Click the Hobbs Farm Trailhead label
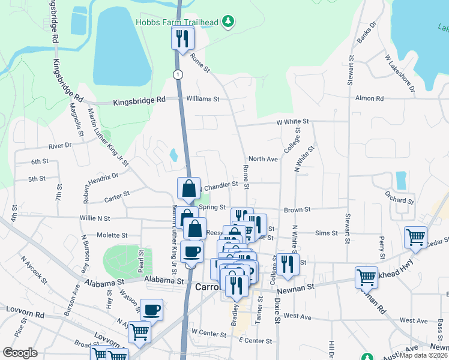(177, 23)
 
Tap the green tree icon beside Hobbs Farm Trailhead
(228, 23)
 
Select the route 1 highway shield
(178, 74)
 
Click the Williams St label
(202, 98)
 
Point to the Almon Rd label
(369, 98)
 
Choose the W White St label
(292, 122)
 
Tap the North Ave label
(263, 159)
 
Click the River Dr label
(60, 145)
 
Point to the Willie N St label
(95, 218)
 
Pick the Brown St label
(297, 210)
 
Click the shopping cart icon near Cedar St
(415, 237)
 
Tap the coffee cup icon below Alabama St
(151, 310)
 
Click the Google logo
(20, 353)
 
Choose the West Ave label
(297, 316)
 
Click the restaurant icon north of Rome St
(182, 39)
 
